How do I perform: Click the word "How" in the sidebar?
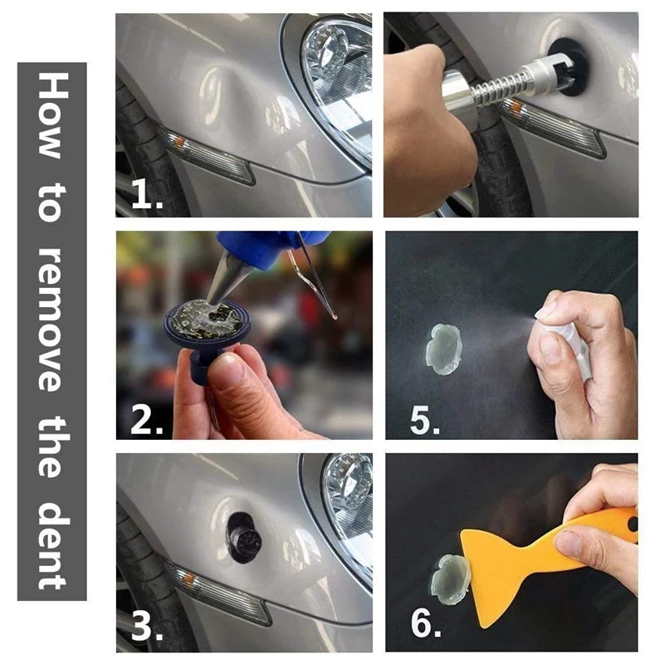pyautogui.click(x=52, y=115)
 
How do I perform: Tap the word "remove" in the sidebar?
pyautogui.click(x=51, y=320)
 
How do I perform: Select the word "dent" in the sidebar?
pyautogui.click(x=52, y=544)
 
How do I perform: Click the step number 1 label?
pyautogui.click(x=147, y=194)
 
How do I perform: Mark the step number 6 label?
pyautogui.click(x=426, y=622)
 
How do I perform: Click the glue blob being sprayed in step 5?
pyautogui.click(x=443, y=348)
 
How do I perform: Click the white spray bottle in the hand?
pyautogui.click(x=564, y=343)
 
